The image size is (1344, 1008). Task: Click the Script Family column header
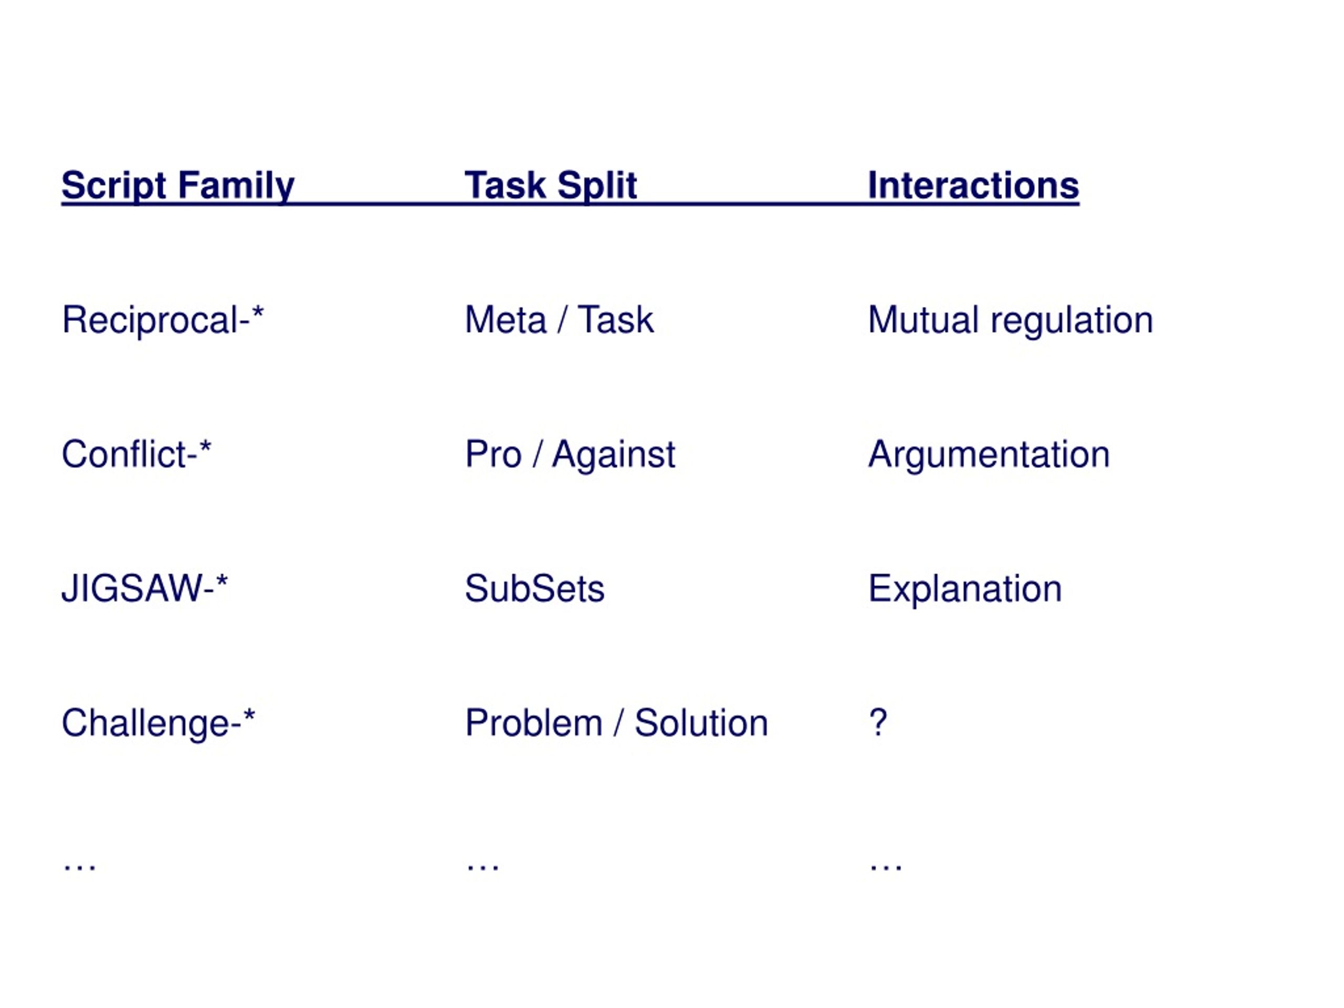click(x=178, y=185)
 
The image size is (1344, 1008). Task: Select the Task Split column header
click(x=551, y=185)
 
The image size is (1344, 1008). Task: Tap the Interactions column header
click(x=973, y=185)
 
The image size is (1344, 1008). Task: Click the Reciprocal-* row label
click(x=163, y=320)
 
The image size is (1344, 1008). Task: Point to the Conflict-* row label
click(x=136, y=454)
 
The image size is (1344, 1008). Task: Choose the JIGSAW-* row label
click(x=144, y=588)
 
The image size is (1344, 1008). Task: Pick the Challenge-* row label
click(x=159, y=723)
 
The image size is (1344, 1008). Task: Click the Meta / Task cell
click(x=559, y=320)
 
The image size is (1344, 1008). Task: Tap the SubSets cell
click(x=534, y=589)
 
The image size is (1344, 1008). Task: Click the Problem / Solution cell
click(x=617, y=723)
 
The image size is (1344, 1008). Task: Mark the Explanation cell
click(x=965, y=589)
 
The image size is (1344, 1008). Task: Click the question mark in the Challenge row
click(x=878, y=723)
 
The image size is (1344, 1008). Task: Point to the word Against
click(x=614, y=455)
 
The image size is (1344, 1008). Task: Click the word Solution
click(x=702, y=723)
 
